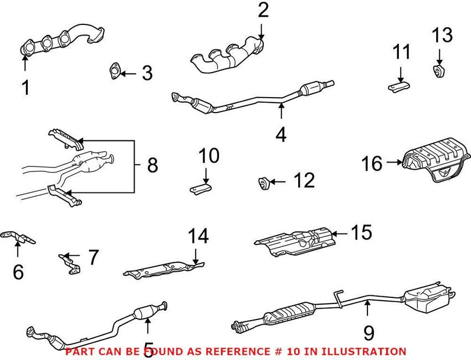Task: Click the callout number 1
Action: (25, 87)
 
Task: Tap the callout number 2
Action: (263, 10)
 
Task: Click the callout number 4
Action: (281, 134)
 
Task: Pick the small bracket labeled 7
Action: (69, 263)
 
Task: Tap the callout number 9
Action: (368, 332)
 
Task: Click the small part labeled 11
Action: (400, 85)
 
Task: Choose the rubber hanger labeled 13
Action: (438, 70)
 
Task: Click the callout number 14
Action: (198, 236)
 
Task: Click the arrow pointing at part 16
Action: (395, 163)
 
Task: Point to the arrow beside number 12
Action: (278, 181)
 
